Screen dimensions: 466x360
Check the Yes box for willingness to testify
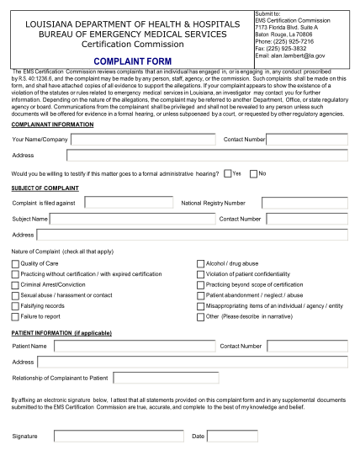coord(228,173)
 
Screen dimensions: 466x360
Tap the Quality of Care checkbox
coord(16,263)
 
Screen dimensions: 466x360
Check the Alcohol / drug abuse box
coord(200,263)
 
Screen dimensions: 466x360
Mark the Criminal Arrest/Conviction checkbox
coord(16,285)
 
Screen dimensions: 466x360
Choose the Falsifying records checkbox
coord(16,306)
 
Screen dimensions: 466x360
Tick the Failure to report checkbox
coord(16,317)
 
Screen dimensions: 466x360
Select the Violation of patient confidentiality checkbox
coord(200,274)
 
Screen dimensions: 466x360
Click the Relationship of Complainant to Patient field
coord(165,378)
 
